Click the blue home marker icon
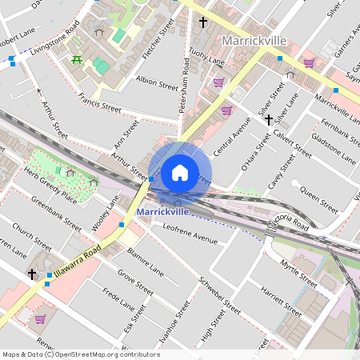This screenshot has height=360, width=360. (x=180, y=172)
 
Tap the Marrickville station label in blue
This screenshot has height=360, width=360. (x=162, y=212)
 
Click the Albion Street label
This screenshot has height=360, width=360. (x=157, y=82)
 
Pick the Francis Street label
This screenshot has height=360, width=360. (x=101, y=103)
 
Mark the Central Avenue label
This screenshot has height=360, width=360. (x=232, y=136)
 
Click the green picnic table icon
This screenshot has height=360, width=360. (x=77, y=60)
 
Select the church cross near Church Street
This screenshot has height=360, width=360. (x=32, y=274)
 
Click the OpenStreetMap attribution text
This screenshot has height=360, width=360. (x=81, y=354)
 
